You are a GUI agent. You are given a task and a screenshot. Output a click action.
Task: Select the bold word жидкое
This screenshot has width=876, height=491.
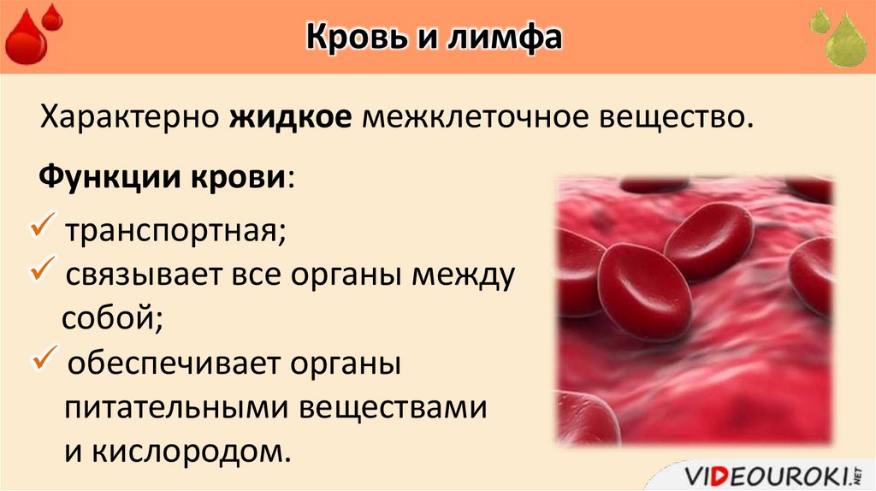[290, 116]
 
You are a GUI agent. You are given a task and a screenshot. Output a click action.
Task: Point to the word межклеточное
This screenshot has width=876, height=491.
[469, 116]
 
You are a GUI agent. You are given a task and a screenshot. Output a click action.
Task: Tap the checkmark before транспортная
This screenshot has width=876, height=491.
[42, 228]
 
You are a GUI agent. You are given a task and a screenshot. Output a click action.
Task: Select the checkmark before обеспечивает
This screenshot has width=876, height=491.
[42, 359]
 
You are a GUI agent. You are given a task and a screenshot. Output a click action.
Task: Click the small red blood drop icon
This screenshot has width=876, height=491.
[53, 16]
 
